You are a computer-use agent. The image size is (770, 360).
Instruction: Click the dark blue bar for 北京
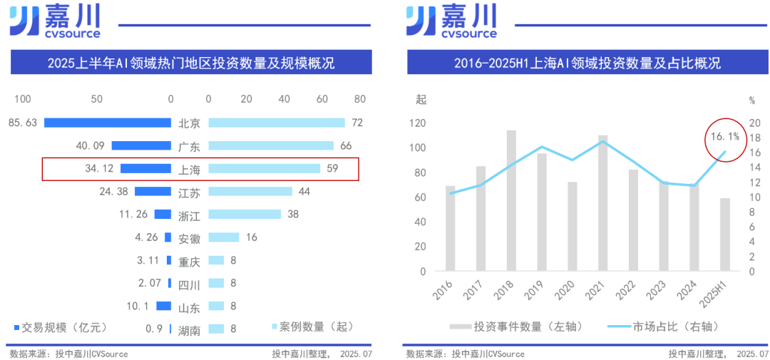coord(107,123)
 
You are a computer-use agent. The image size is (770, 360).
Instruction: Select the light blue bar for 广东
coord(270,145)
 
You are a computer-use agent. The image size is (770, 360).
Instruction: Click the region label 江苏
coord(189,192)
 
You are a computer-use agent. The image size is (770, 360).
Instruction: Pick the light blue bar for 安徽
coord(223,237)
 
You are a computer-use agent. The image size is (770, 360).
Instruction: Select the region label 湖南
coord(189,329)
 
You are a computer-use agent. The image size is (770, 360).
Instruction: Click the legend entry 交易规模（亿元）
coord(61,327)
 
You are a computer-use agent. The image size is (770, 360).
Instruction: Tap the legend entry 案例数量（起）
coord(311,327)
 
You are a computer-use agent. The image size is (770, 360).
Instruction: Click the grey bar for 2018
coord(511,201)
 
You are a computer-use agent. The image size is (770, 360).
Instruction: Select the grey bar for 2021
coord(602,203)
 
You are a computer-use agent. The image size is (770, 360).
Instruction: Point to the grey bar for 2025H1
coord(724,235)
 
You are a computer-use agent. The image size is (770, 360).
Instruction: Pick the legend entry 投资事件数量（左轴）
coord(517,326)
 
